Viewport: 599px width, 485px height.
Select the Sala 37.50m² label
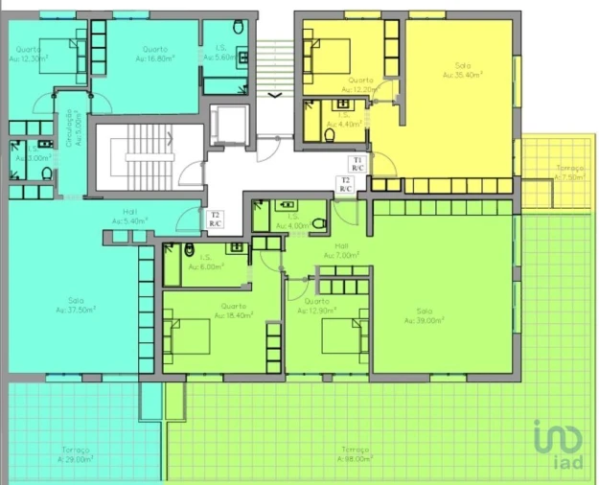coord(75,306)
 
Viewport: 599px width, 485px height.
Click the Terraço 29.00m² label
coord(76,453)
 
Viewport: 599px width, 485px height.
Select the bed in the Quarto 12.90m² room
coord(340,336)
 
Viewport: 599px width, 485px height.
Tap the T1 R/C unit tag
coord(357,163)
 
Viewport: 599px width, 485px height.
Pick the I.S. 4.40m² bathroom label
coord(342,120)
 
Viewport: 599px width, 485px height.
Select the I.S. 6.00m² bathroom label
coord(204,263)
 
